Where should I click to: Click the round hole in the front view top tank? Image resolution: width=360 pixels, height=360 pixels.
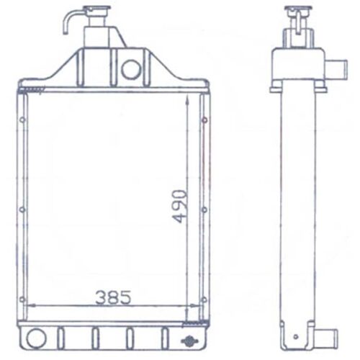point(131,69)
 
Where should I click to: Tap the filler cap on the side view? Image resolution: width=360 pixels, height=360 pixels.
point(297,11)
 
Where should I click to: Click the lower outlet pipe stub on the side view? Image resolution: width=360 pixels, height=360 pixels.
point(328,336)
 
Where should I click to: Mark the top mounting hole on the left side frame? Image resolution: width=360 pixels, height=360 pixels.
point(22,119)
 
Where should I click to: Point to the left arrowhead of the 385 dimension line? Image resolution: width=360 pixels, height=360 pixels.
point(30,305)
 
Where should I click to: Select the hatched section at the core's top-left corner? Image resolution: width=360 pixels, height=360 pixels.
point(32,90)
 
